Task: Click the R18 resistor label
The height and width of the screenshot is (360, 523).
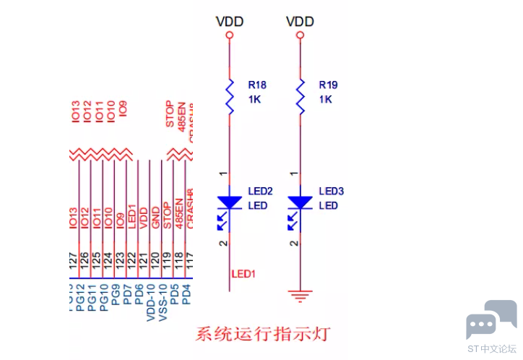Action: [x=256, y=85]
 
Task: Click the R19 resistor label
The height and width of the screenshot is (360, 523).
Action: [x=328, y=85]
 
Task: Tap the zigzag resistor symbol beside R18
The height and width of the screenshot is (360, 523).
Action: [x=230, y=96]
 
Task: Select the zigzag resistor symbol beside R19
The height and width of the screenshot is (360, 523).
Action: [x=301, y=96]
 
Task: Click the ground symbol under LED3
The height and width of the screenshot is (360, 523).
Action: [x=301, y=293]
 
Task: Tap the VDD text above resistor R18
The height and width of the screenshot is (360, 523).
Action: [x=230, y=22]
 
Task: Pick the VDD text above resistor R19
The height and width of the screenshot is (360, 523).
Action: [x=301, y=22]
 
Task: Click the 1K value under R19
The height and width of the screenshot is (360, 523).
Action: [x=325, y=100]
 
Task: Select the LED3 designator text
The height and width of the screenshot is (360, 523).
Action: [x=331, y=192]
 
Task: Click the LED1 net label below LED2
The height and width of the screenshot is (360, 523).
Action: [x=244, y=274]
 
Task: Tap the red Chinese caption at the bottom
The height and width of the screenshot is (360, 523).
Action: [x=263, y=334]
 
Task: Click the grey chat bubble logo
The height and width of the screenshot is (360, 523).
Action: [x=491, y=319]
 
